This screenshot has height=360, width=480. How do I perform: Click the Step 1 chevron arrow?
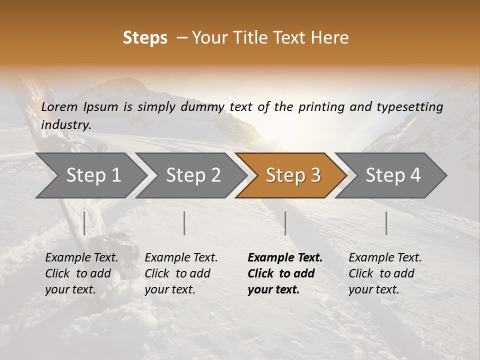pyautogui.click(x=93, y=175)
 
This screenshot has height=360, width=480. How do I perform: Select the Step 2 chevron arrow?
pyautogui.click(x=193, y=175)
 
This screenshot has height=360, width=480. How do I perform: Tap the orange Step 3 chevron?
pyautogui.click(x=293, y=175)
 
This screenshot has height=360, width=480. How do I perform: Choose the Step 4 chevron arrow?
pyautogui.click(x=393, y=175)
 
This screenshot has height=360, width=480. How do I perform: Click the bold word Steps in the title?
pyautogui.click(x=145, y=38)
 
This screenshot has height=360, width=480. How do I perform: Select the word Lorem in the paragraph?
pyautogui.click(x=60, y=106)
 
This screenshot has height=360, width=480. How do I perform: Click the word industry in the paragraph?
pyautogui.click(x=65, y=124)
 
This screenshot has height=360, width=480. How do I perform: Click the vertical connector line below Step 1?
pyautogui.click(x=84, y=223)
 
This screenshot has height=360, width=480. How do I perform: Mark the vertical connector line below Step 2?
pyautogui.click(x=184, y=223)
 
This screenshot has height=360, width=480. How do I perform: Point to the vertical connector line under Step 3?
pyautogui.click(x=285, y=223)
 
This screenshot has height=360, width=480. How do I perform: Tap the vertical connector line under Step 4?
pyautogui.click(x=386, y=223)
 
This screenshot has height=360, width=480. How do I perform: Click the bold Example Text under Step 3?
pyautogui.click(x=285, y=257)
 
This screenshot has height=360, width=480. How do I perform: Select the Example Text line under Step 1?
pyautogui.click(x=81, y=257)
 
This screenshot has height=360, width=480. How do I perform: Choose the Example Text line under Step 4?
pyautogui.click(x=385, y=257)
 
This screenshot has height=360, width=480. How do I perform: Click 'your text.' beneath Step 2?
pyautogui.click(x=170, y=289)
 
